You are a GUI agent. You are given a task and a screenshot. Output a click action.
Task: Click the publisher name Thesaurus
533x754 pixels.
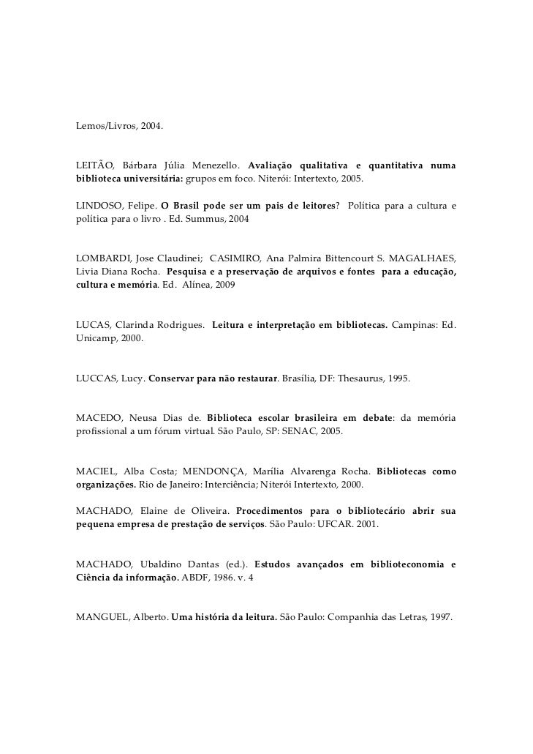(x=361, y=378)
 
